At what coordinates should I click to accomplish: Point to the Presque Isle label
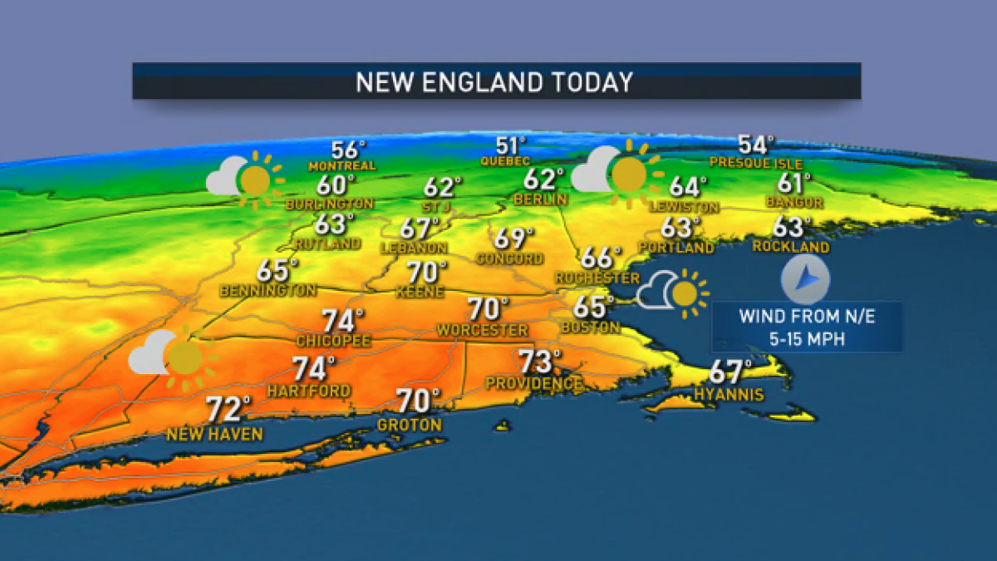(x=753, y=163)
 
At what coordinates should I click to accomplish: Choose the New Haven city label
(x=214, y=434)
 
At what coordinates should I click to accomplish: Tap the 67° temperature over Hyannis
(x=730, y=372)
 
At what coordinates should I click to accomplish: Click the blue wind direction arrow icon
(x=804, y=281)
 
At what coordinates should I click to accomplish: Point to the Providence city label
(x=534, y=384)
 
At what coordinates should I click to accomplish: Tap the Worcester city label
(x=482, y=331)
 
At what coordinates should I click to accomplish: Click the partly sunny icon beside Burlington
(x=245, y=178)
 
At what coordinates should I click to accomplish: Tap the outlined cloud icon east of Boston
(x=657, y=292)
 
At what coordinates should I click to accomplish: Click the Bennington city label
(x=268, y=291)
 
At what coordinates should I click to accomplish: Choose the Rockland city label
(x=790, y=247)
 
